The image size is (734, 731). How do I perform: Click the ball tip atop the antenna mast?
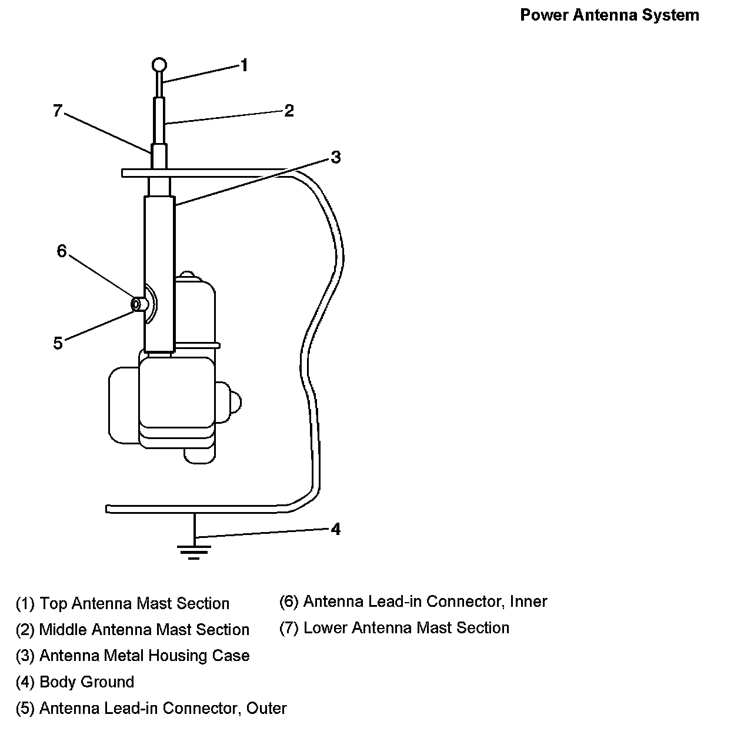click(159, 65)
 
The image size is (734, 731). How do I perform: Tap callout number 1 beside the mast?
click(244, 65)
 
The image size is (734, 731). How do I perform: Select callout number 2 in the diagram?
click(288, 111)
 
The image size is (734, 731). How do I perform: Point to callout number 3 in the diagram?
click(335, 158)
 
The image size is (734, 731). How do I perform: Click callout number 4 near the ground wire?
click(335, 530)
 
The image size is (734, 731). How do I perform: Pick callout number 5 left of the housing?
click(58, 343)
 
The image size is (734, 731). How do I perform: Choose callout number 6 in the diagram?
click(62, 251)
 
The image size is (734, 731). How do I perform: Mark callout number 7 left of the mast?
click(57, 111)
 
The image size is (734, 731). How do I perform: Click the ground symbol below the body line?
click(194, 551)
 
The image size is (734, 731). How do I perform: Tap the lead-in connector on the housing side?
click(139, 304)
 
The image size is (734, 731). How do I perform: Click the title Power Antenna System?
click(609, 15)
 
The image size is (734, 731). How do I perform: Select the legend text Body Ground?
click(86, 682)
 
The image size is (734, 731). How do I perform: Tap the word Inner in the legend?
click(528, 602)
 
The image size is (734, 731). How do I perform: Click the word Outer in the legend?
click(266, 708)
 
